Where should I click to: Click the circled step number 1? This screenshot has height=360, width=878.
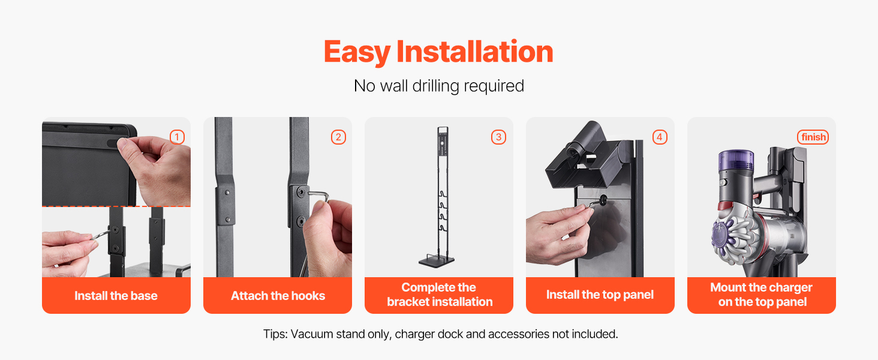pos(177,137)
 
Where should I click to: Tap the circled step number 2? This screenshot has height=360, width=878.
pos(338,137)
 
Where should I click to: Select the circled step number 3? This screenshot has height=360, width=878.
pos(498,137)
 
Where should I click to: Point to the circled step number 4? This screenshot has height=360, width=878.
pos(660,137)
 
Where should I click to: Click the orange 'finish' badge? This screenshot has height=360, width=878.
pos(813,137)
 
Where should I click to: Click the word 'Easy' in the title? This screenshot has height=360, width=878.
pos(357,52)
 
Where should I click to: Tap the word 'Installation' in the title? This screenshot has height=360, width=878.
pos(474,52)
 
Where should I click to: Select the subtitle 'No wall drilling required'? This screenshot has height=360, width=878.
pos(438,86)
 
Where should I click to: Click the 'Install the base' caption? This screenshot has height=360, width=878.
pos(116,296)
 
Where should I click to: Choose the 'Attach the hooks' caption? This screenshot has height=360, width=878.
pos(278,296)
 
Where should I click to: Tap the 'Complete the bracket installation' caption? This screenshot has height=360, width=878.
pos(440,295)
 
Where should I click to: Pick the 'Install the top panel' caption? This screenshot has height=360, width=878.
pos(600,295)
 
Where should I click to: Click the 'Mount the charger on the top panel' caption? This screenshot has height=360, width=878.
pos(762,295)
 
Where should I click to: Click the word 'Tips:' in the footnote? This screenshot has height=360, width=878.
pos(275,334)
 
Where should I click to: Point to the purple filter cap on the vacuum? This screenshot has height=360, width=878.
pos(736,160)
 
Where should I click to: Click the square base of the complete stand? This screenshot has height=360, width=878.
pos(437,262)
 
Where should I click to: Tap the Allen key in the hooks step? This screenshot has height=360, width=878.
pos(317,195)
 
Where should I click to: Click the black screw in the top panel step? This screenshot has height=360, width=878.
pos(603,200)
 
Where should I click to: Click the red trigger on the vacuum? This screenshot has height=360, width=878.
pos(725,206)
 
